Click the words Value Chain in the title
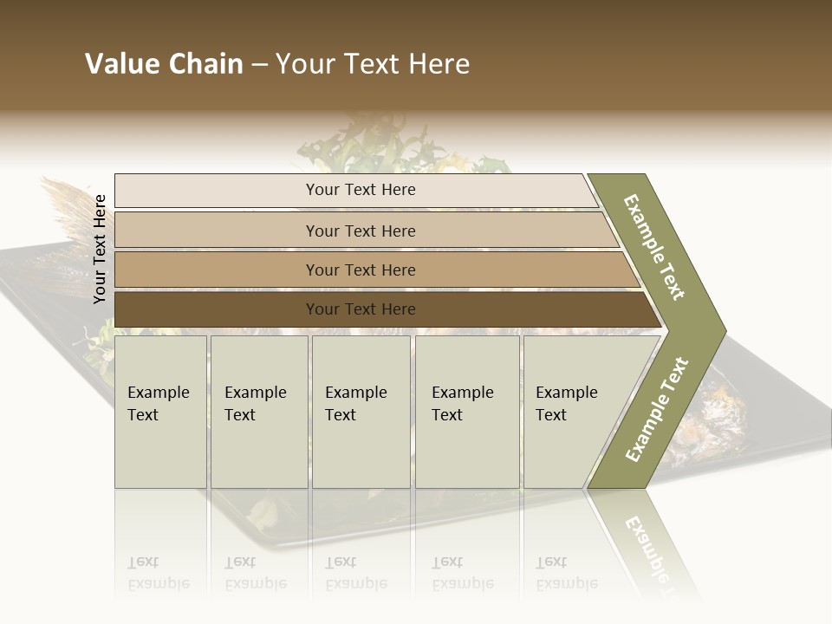pos(164,64)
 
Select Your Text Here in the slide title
pos(373,64)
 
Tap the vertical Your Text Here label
pos(100,249)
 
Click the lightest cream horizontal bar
pos(360,190)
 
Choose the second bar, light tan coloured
pos(360,231)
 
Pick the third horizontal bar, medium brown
pos(360,270)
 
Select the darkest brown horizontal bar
pos(360,309)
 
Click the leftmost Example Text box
pos(160,412)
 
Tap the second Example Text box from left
pos(258,412)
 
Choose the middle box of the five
pos(361,412)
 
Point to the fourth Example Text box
pos(466,412)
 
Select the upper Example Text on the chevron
pos(655,246)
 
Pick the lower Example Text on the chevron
pos(657,410)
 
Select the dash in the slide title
pos(259,65)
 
